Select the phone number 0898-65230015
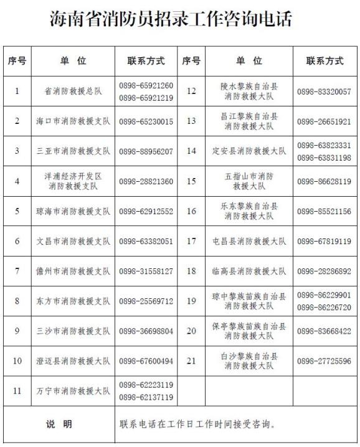tap(146, 121)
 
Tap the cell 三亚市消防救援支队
tap(73, 151)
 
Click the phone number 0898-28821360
tap(146, 181)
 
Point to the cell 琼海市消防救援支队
tap(73, 211)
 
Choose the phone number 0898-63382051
tap(146, 241)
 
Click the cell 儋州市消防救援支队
tap(73, 271)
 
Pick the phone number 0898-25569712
tap(146, 301)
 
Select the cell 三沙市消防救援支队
tap(73, 331)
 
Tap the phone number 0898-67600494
tap(146, 361)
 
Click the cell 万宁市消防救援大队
tap(73, 391)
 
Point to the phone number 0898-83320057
tap(324, 92)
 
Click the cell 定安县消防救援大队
tap(249, 151)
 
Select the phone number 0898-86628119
tap(324, 181)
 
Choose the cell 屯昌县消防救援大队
tap(249, 241)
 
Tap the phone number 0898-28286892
tap(324, 271)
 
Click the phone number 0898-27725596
tap(324, 361)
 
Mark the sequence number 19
tap(191, 301)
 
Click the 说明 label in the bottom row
tap(59, 425)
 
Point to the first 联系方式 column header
tap(146, 61)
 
